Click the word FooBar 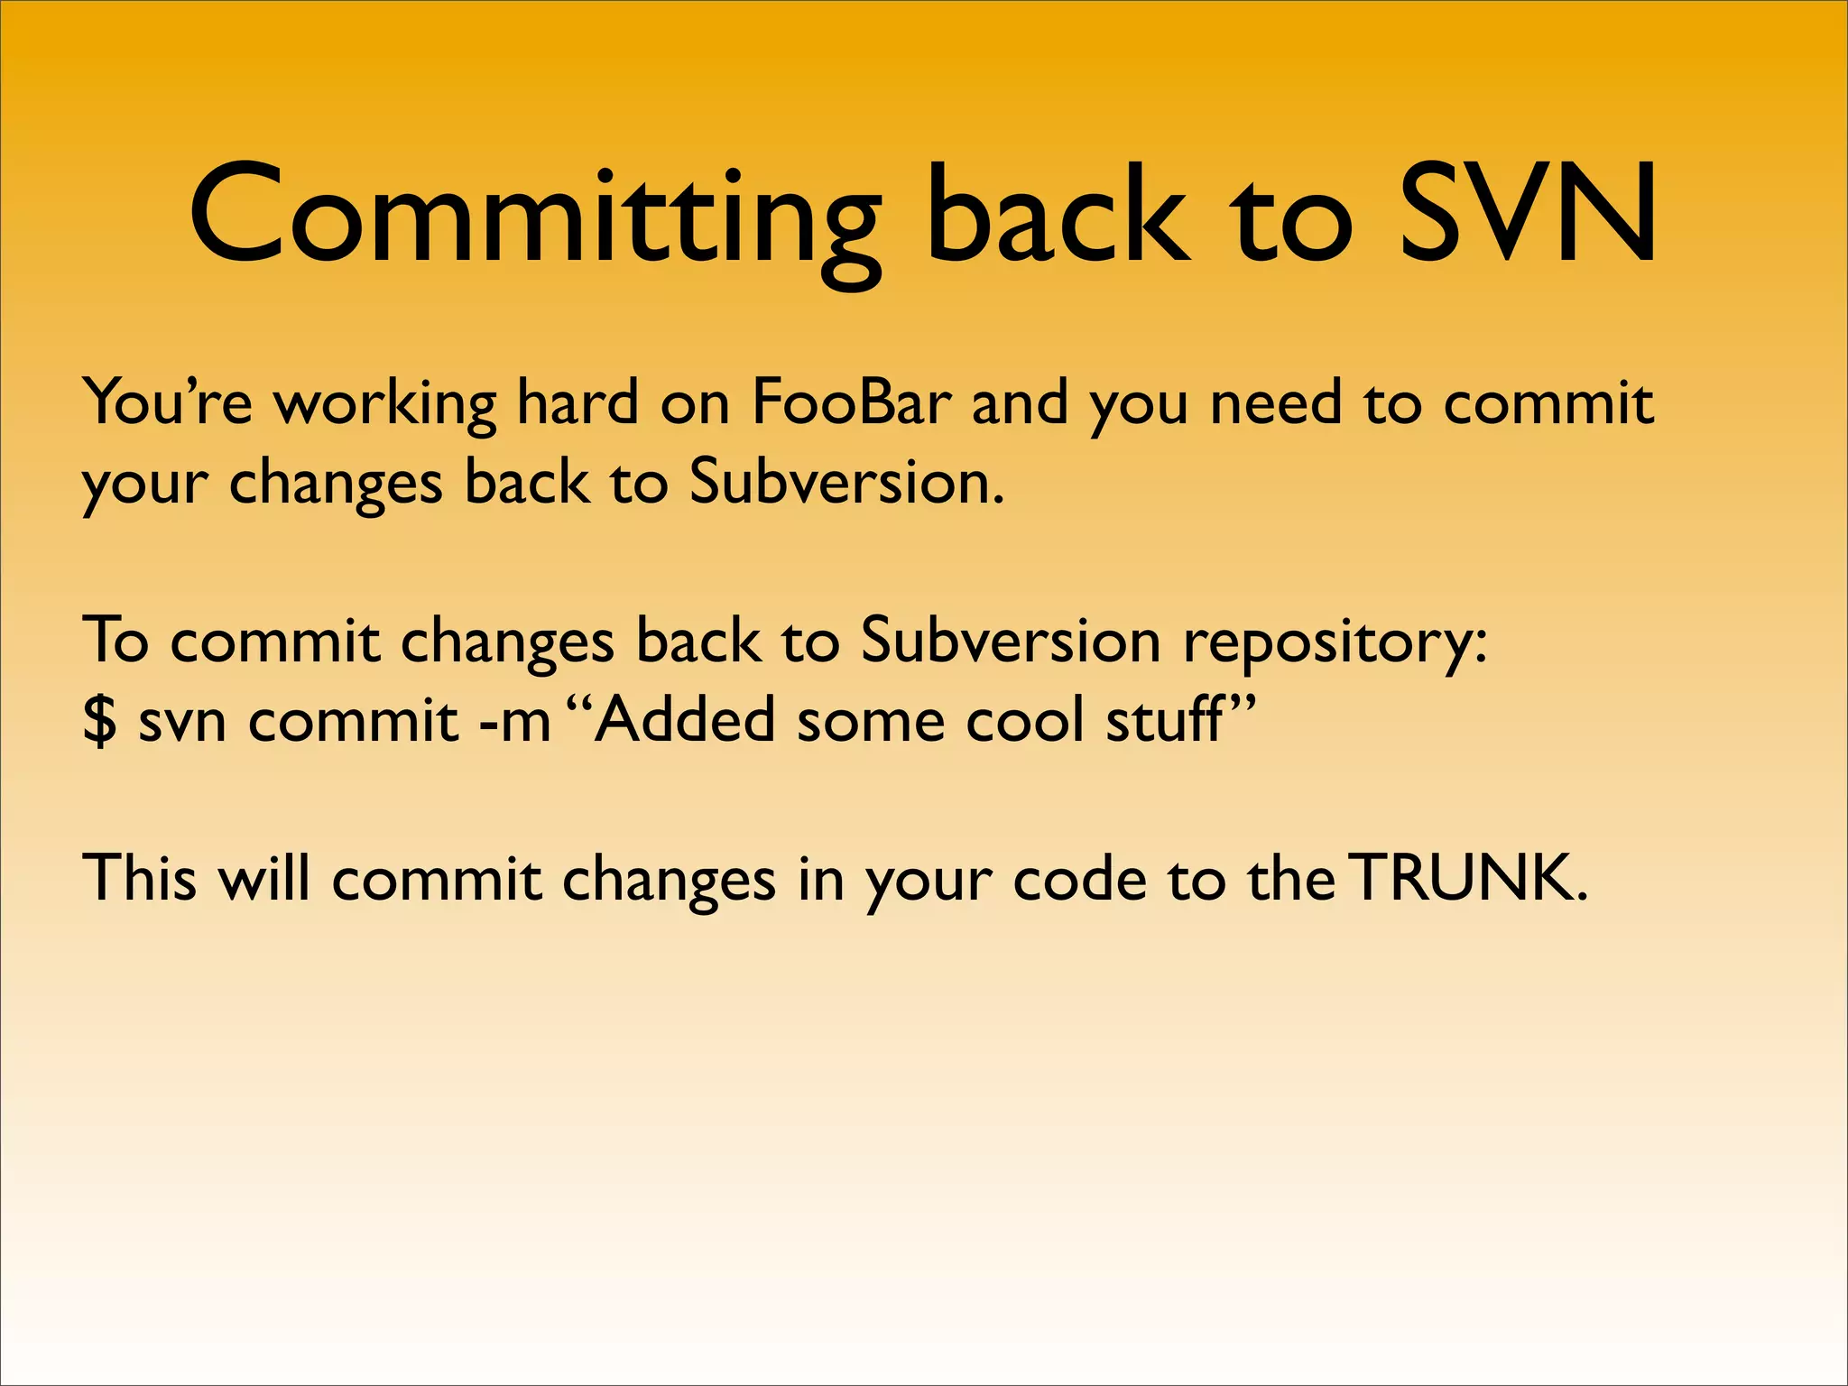pos(851,402)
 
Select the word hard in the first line pos(577,402)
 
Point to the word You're pos(168,402)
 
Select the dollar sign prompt pos(99,721)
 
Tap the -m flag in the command pos(514,721)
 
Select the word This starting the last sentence pos(139,877)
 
